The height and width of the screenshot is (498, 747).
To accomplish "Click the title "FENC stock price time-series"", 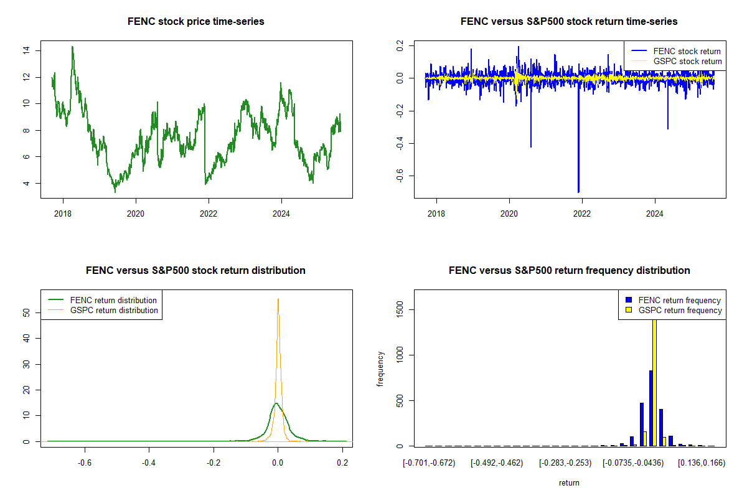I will (x=195, y=22).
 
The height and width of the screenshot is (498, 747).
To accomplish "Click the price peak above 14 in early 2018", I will (x=72, y=47).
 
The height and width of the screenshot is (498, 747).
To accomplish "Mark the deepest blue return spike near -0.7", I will (x=578, y=191).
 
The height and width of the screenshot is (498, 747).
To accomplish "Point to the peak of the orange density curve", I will (x=278, y=299).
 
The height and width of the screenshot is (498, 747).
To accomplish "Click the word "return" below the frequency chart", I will (x=569, y=482).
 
